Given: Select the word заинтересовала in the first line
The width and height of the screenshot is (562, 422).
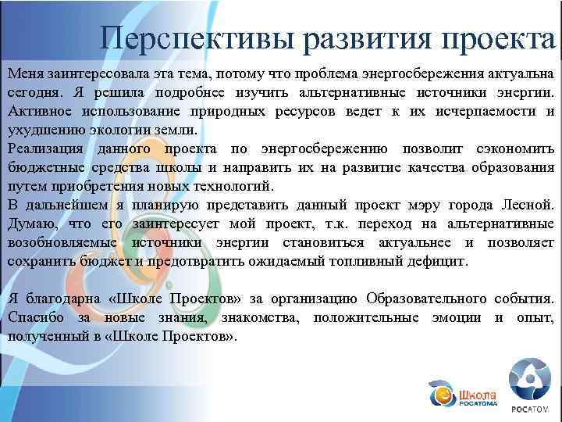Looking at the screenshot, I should tap(86, 73).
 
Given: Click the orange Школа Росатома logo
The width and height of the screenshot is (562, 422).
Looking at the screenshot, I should tap(461, 392).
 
